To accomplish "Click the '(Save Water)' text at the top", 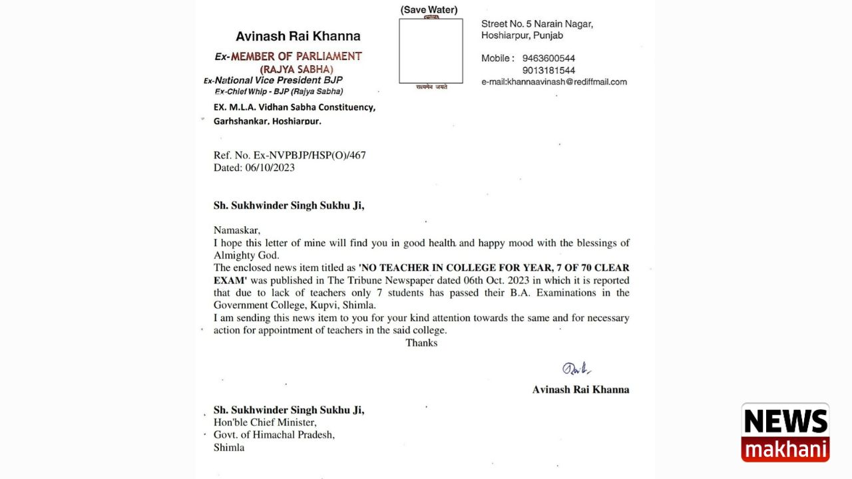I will pos(429,10).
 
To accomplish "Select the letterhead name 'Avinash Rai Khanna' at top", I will pos(298,37).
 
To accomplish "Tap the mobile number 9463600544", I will pos(548,59).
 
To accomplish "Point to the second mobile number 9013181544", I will pos(548,71).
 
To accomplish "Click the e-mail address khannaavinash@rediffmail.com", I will pos(554,82).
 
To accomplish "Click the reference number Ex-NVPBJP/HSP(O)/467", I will pos(310,156).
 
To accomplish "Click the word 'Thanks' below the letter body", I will pos(421,343).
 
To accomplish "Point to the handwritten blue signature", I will pos(576,369).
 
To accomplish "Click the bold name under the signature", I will pos(580,390).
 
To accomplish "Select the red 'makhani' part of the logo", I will pos(785,449).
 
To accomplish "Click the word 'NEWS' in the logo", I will pos(785,421).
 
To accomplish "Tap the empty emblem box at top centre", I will pos(431,51).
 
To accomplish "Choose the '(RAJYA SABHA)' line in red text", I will pos(296,69).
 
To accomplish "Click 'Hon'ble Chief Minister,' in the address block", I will pos(265,422).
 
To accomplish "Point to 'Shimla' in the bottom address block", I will pos(229,448).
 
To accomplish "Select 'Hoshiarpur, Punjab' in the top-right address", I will pos(522,35).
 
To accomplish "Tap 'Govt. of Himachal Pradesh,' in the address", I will pos(274,435).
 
